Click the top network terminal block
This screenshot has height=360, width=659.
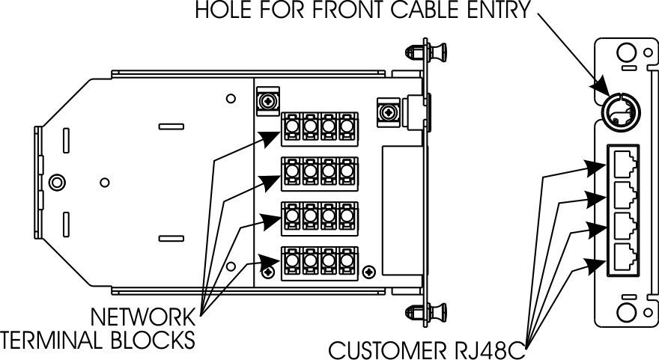coord(318,128)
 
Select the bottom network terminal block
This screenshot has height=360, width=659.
coord(318,263)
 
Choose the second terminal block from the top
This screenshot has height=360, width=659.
coord(318,174)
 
